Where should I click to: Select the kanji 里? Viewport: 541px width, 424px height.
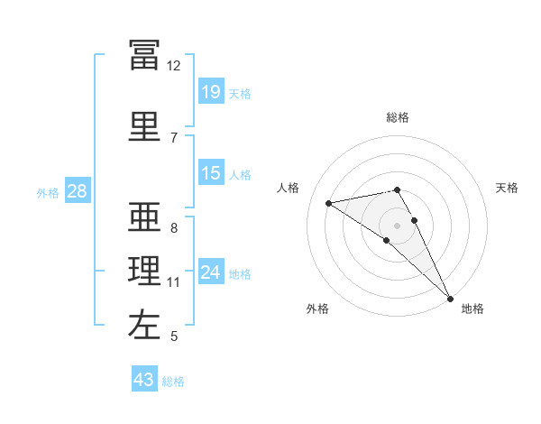[144, 126]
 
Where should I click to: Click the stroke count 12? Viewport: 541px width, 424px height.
[173, 66]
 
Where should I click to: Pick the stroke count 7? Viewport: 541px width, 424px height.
[173, 138]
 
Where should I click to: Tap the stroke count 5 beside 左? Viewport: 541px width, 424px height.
[173, 336]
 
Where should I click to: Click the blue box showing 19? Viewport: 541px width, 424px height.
[211, 92]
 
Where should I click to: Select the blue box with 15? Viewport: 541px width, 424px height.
[211, 173]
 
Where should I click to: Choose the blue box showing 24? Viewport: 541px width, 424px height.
[211, 272]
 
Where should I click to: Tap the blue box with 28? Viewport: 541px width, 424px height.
[77, 191]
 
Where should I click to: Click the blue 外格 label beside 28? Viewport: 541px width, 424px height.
[47, 192]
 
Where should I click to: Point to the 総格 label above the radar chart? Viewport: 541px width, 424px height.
[398, 117]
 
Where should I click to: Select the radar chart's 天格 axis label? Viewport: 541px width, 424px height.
[508, 188]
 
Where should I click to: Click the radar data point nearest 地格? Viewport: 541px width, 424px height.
[451, 298]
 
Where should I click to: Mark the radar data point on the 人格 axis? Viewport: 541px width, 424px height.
[329, 203]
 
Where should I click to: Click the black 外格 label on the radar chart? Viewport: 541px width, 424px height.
[317, 309]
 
